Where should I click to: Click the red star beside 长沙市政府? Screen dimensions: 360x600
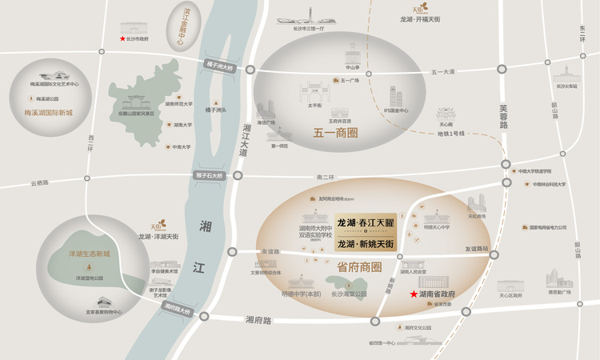(x=122, y=38)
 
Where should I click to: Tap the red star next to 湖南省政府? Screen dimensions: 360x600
(x=414, y=294)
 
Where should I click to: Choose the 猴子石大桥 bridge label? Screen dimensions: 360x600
(x=210, y=175)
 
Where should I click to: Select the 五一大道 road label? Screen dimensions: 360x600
(x=442, y=72)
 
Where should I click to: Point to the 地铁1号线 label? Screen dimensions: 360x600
(x=450, y=133)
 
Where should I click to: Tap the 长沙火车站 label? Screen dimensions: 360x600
(x=566, y=86)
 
